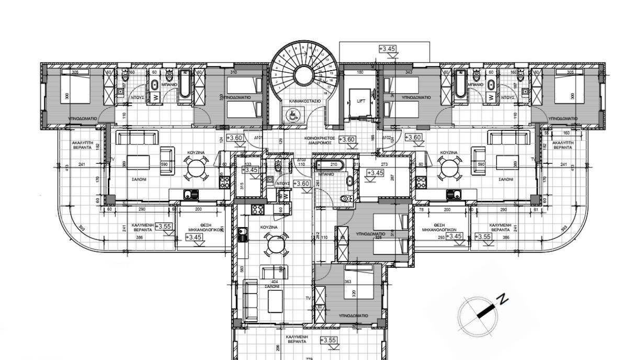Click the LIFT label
[360, 102]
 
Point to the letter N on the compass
[502, 299]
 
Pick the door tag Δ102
[387, 138]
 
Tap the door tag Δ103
[301, 159]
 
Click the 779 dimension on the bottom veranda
[309, 358]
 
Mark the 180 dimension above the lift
[360, 72]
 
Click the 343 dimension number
[409, 72]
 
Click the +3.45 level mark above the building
[387, 49]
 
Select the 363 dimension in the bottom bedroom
[347, 282]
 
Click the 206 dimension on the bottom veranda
[278, 347]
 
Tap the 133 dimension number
[248, 164]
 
